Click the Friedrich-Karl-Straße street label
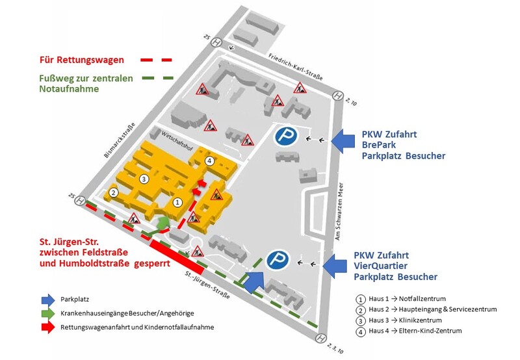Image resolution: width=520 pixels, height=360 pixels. pyautogui.click(x=296, y=67)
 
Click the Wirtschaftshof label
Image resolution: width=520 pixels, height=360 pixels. pyautogui.click(x=177, y=141)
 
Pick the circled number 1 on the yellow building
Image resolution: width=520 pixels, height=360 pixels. pyautogui.click(x=177, y=202)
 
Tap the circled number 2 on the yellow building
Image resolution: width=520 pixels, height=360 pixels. pyautogui.click(x=113, y=192)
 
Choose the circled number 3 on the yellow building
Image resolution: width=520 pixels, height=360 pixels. pyautogui.click(x=143, y=179)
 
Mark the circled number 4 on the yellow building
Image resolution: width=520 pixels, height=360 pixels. pyautogui.click(x=209, y=161)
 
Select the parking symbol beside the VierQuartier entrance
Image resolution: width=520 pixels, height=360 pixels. pyautogui.click(x=278, y=259)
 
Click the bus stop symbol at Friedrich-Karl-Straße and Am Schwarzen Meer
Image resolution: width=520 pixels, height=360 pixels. pyautogui.click(x=337, y=96)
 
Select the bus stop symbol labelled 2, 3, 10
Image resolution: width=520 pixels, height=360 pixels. pyautogui.click(x=320, y=339)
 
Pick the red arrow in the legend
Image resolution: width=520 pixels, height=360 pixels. pyautogui.click(x=48, y=327)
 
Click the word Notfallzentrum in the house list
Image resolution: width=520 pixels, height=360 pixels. pyautogui.click(x=422, y=299)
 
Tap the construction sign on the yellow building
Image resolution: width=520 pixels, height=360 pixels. pyautogui.click(x=216, y=195)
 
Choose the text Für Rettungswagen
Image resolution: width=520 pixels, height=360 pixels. pyautogui.click(x=82, y=60)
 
